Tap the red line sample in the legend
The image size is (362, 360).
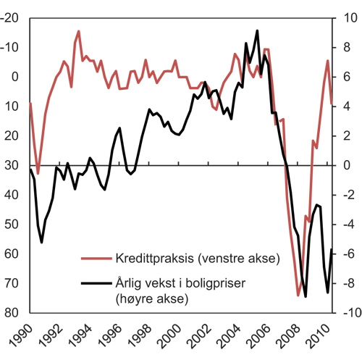pos(95,258)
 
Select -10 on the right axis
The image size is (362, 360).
pos(348,313)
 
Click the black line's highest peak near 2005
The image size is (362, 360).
pos(257,30)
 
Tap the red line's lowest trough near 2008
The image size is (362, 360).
pos(298,296)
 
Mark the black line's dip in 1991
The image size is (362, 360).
pos(41,242)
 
